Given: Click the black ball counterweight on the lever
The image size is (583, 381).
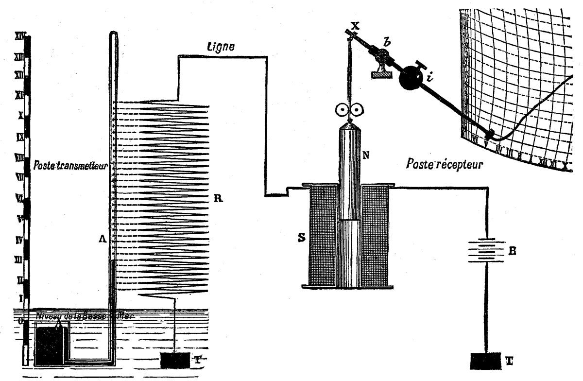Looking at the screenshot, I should pos(411,77).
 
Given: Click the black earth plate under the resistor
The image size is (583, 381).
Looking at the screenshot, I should pos(175,361).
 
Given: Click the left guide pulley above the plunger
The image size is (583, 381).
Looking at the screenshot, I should pos(341,110).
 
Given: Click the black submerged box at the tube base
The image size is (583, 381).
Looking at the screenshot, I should pos(49,346).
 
